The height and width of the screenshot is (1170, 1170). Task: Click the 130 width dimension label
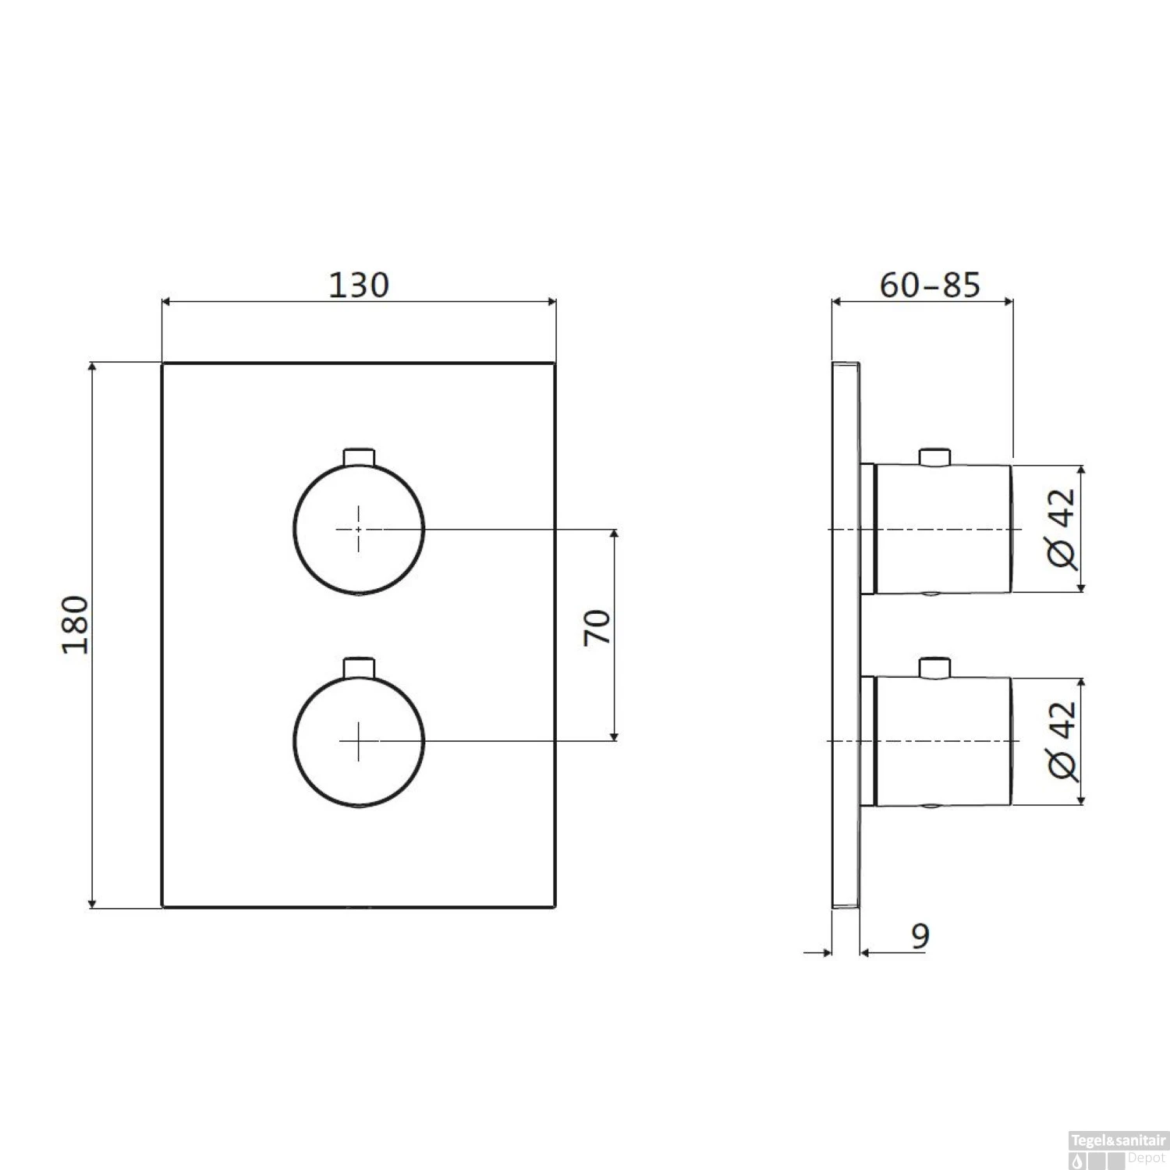coord(358,285)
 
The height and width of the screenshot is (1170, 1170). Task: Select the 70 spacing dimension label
coord(597,628)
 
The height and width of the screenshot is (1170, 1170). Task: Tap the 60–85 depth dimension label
coord(930,285)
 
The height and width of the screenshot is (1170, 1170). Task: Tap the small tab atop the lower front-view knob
coord(360,667)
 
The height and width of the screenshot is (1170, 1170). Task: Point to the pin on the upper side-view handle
coord(934,457)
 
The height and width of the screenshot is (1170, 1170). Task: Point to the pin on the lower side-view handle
coord(934,668)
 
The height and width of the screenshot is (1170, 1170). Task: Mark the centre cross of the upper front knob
coord(358,529)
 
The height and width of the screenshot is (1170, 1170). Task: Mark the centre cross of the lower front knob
coord(358,740)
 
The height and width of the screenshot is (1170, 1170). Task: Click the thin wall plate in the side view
coord(846,819)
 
